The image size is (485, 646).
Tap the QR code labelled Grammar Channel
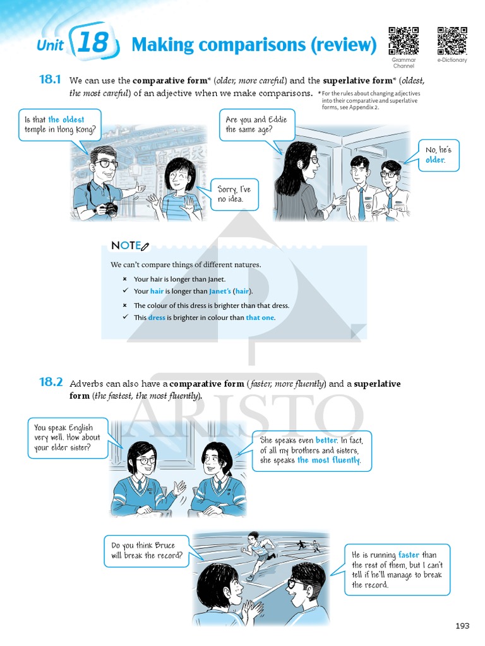[x=404, y=41]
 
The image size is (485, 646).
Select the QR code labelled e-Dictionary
[x=452, y=41]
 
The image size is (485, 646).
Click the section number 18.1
[x=50, y=80]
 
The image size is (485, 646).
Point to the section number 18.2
[x=51, y=382]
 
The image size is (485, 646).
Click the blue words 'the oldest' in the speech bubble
[x=66, y=120]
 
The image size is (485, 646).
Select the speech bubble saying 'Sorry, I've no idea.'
[x=234, y=195]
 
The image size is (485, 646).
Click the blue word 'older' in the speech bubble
[x=435, y=160]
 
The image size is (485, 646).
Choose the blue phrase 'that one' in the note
[x=260, y=318]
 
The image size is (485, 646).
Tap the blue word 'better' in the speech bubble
[x=326, y=440]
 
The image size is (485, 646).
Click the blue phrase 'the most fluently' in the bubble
[x=328, y=461]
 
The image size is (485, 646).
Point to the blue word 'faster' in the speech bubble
[x=409, y=555]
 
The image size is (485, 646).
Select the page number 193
[x=462, y=626]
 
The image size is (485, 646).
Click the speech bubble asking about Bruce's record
[x=147, y=551]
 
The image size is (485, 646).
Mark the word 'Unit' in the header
[x=50, y=45]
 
